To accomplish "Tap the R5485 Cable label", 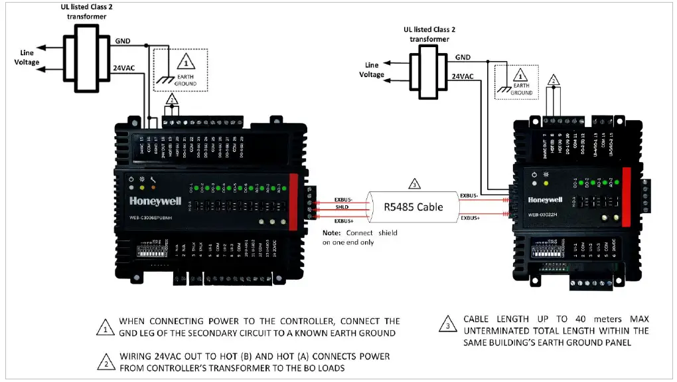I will pyautogui.click(x=414, y=207).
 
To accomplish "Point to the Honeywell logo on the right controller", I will pyautogui.click(x=545, y=199).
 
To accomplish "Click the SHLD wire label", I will pyautogui.click(x=342, y=208).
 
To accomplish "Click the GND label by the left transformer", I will pyautogui.click(x=123, y=41).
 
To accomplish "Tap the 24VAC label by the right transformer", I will pyautogui.click(x=463, y=76).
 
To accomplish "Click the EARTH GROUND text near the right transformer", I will pyautogui.click(x=521, y=89).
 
